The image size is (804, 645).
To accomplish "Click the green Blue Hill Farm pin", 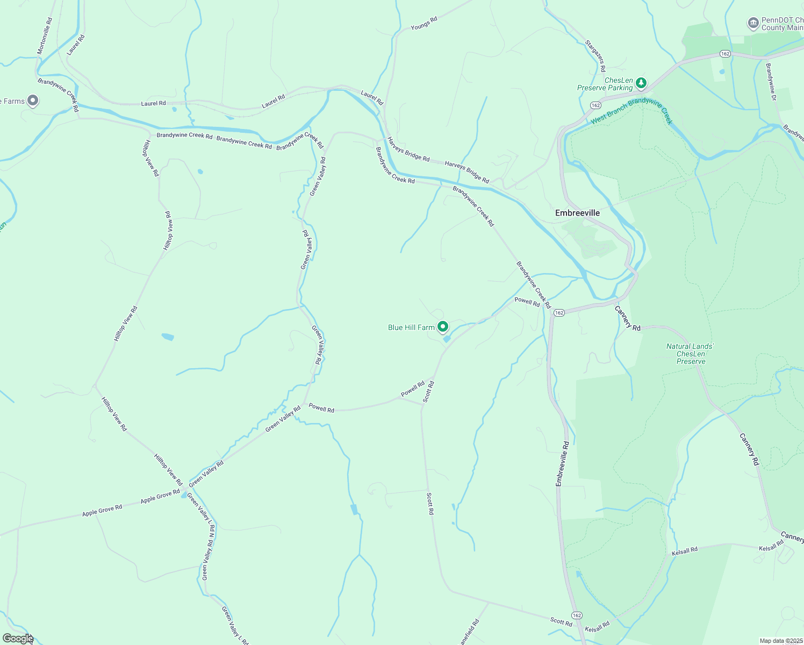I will [x=443, y=326].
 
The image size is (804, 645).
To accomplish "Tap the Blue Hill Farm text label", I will [x=411, y=327].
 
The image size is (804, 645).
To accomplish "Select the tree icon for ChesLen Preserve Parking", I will [x=641, y=83].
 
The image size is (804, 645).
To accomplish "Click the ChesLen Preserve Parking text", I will [x=605, y=84].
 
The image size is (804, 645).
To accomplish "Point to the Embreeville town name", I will [x=577, y=213].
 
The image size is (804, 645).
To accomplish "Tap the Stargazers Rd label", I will [x=595, y=56].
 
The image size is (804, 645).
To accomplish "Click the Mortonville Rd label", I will [x=45, y=36].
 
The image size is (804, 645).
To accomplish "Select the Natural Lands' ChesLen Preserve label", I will [x=691, y=354].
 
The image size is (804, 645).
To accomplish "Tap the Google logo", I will [x=18, y=639].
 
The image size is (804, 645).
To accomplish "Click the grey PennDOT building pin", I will [x=753, y=23].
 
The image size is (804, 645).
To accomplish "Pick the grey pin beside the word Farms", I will [x=33, y=100].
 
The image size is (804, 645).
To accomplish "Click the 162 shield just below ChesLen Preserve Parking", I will [x=595, y=105].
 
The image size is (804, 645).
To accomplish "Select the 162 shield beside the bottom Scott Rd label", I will [x=577, y=615].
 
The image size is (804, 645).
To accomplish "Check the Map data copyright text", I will [x=781, y=641].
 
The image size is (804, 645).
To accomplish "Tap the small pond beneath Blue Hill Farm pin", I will [x=447, y=339].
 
